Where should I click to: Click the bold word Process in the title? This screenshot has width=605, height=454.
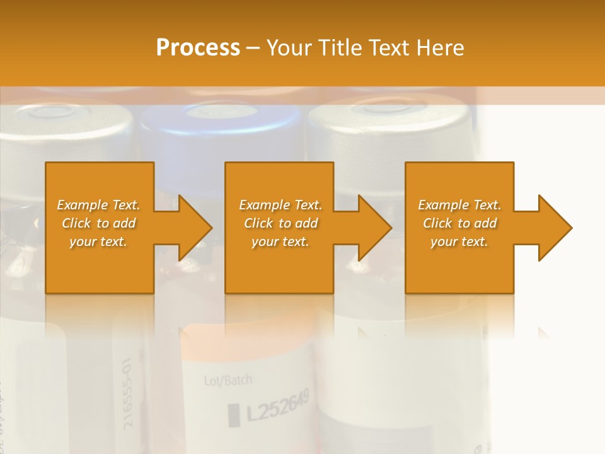point(198,47)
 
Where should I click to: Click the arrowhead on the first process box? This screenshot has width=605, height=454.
point(195,228)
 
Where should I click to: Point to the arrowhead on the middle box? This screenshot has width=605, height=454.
point(374,228)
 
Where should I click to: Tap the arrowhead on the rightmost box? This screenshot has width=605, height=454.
point(554,228)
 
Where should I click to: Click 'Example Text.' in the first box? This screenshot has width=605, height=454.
point(98,205)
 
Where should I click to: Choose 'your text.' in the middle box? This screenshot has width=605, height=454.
point(280,242)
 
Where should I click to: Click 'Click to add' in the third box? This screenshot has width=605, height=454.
point(459,223)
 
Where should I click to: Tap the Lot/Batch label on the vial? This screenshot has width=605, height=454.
point(228,380)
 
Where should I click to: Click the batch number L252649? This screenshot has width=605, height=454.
point(278,407)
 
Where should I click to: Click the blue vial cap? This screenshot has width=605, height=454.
point(221,126)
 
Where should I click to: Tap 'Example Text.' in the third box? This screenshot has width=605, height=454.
point(459,205)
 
